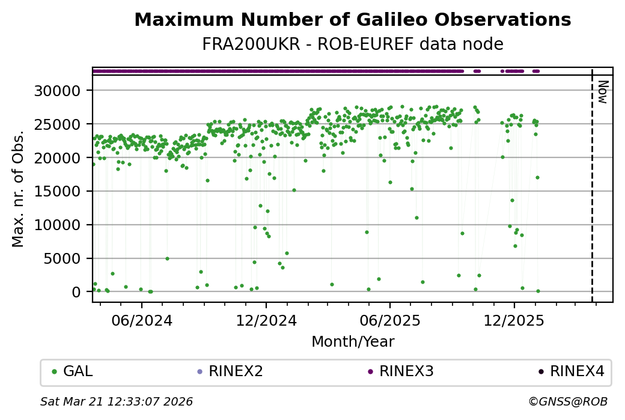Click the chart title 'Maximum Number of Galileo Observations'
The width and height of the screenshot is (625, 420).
tap(352, 20)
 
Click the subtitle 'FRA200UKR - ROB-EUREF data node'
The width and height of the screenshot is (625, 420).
tap(352, 44)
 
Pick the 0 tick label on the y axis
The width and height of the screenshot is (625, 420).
tap(84, 293)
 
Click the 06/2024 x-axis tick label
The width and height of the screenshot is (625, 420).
tap(142, 320)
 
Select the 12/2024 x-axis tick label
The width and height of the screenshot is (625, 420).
tap(266, 320)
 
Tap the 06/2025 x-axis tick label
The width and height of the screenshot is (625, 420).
tap(390, 320)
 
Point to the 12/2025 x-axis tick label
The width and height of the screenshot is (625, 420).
tap(514, 320)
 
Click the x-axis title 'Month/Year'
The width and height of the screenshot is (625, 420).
tap(353, 342)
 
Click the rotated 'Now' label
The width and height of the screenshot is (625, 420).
tap(603, 91)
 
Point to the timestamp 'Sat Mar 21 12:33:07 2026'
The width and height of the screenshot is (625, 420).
tap(117, 401)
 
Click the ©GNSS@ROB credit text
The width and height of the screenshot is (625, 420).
tap(568, 401)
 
